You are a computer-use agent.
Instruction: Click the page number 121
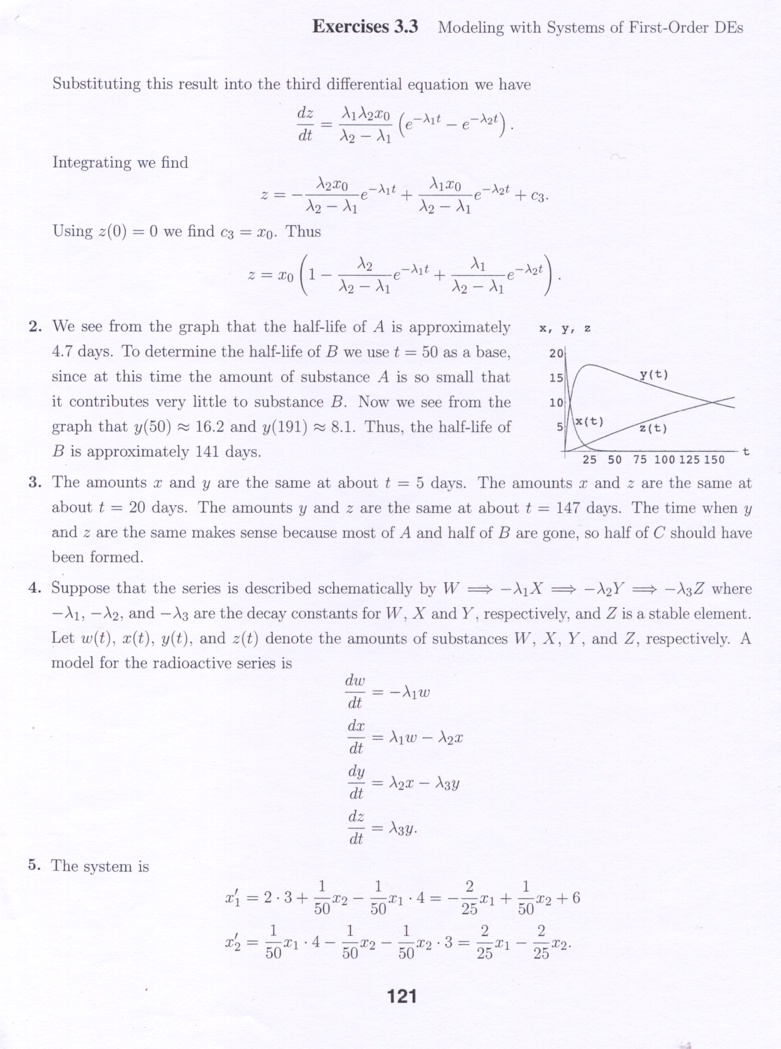pos(402,996)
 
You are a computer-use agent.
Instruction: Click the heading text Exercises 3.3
pos(365,27)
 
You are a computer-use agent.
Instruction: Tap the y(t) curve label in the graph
pos(653,374)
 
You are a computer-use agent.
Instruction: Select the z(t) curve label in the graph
pos(653,428)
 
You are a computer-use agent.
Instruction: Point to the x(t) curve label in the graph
pos(589,421)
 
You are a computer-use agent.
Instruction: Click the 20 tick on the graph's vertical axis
pos(556,354)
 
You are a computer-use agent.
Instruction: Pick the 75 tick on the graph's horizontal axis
pos(640,459)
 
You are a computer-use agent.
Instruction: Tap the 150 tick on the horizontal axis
pos(714,459)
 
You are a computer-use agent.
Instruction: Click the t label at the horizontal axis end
pos(746,451)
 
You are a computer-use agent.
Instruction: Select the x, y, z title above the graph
pos(565,329)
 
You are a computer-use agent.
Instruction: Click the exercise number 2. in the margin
pos(35,327)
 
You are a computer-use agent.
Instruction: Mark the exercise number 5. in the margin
pos(34,866)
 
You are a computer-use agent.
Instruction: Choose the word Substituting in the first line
pos(97,84)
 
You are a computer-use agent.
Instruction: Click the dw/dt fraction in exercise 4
pos(355,692)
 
